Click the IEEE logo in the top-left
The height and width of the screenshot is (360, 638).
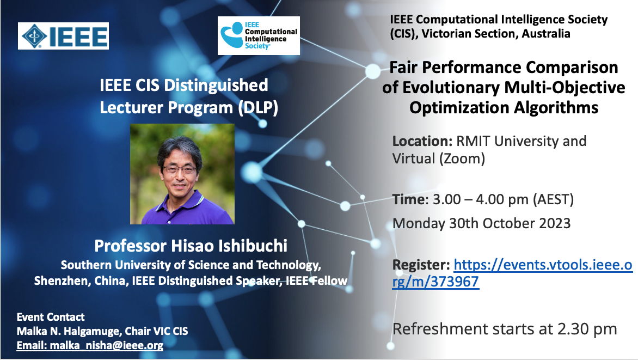(x=63, y=36)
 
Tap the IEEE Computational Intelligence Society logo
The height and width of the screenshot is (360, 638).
(x=259, y=35)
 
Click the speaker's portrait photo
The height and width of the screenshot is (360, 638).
(x=182, y=174)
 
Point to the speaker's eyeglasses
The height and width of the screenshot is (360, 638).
(x=180, y=169)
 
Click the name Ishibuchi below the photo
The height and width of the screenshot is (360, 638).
(x=253, y=246)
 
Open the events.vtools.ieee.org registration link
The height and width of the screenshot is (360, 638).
(x=512, y=273)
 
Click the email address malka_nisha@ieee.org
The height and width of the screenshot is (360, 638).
(x=107, y=345)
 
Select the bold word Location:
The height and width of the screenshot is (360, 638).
(x=422, y=141)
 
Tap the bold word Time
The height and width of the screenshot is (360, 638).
(x=408, y=199)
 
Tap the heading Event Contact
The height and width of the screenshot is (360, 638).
(x=51, y=317)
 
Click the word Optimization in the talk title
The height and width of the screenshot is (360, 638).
(x=458, y=108)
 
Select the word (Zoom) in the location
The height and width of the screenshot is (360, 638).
(x=462, y=158)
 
